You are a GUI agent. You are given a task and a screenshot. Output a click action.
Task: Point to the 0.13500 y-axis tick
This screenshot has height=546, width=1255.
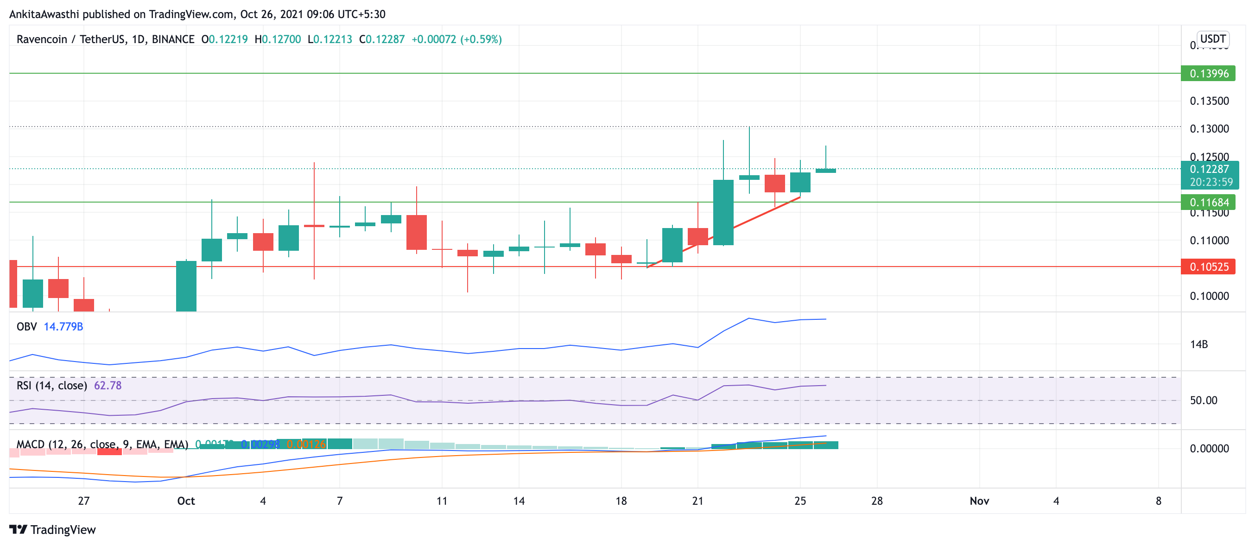coord(1209,101)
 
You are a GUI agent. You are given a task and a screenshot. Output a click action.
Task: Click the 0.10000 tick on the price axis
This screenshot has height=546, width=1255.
coord(1209,296)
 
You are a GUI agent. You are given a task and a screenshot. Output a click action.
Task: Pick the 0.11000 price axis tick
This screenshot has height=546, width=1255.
coord(1209,240)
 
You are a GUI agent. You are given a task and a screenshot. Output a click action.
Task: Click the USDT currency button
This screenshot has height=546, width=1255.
coord(1213,39)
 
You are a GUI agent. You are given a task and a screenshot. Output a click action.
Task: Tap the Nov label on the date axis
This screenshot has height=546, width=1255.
coord(979,501)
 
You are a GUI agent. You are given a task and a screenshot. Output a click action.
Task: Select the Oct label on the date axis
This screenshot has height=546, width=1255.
coord(186,501)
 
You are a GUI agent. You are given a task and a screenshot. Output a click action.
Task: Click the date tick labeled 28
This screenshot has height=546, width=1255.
coord(877,501)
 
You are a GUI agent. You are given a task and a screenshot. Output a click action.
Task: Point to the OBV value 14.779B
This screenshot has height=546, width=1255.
coord(63,327)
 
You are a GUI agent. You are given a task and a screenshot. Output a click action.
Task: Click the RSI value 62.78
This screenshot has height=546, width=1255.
coord(108,386)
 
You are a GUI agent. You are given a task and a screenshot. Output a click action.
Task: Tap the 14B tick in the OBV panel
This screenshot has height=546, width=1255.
coord(1199,344)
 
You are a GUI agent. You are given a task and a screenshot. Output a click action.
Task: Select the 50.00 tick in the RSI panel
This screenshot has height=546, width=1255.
coord(1204,400)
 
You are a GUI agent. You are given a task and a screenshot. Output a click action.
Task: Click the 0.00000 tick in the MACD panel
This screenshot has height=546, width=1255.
coord(1209,449)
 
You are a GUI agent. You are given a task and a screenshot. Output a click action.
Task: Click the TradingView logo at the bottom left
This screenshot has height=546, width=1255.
coord(53,529)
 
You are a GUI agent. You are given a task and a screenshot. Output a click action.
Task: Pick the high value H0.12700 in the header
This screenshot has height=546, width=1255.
coord(278,39)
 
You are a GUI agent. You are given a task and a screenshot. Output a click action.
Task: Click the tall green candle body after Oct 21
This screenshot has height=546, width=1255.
coord(723,212)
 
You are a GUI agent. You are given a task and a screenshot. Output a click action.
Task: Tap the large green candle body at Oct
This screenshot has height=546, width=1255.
coord(186,286)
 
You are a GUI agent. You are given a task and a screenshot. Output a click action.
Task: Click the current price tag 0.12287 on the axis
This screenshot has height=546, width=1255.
coord(1209,170)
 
